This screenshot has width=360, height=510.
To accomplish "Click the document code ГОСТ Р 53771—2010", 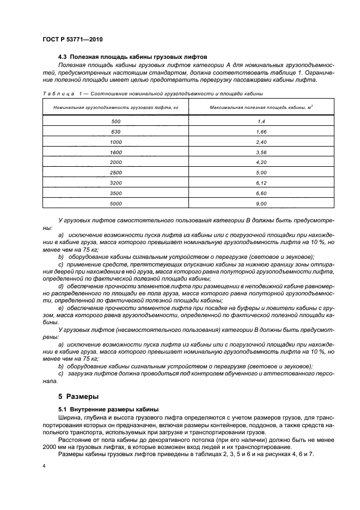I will click(x=72, y=40).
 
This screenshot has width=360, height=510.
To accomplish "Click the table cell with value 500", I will click(x=116, y=121).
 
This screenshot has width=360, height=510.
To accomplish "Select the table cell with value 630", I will click(x=116, y=131).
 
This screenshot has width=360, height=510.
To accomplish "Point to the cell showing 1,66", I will click(x=261, y=131).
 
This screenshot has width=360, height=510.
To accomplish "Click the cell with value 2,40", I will click(x=261, y=142).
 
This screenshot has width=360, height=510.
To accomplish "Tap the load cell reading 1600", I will click(x=116, y=152).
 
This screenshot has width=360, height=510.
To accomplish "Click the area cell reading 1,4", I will click(x=261, y=121).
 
